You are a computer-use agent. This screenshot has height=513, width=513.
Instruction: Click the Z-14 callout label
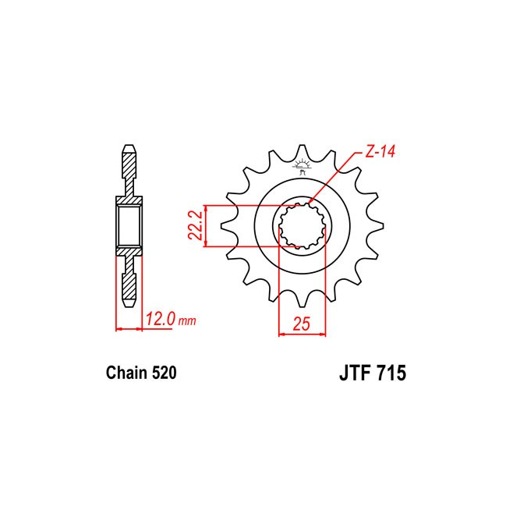(380, 152)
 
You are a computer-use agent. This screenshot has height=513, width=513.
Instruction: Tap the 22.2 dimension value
(195, 226)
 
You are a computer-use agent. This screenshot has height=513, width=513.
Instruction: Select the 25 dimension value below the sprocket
(301, 324)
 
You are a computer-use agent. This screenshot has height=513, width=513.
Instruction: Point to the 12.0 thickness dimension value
(161, 319)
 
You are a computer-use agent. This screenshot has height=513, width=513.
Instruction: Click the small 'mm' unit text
(187, 321)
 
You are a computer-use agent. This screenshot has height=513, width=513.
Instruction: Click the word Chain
(126, 373)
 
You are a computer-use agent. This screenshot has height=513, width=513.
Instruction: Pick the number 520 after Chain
(164, 373)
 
